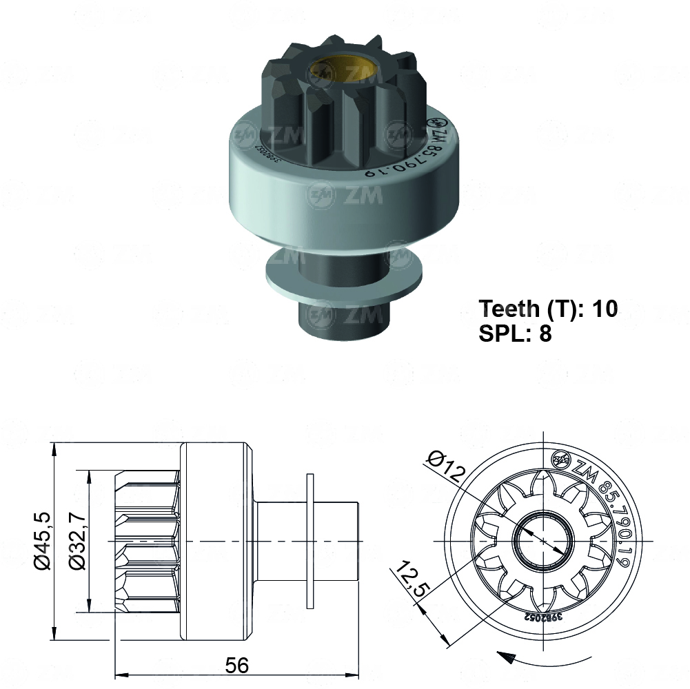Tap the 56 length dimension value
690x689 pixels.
point(236,665)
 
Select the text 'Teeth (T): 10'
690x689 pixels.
point(548,308)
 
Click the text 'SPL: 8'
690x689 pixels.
point(515,334)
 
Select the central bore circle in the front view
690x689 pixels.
point(544,542)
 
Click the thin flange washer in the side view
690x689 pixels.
point(310,542)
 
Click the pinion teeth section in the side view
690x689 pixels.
point(147,542)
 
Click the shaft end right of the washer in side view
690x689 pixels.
point(337,542)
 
